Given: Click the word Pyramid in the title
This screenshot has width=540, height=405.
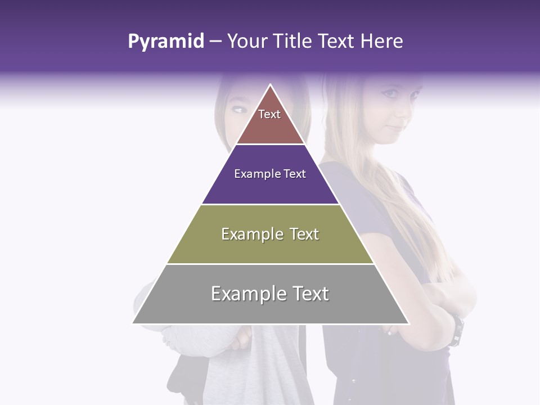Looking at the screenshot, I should [165, 42].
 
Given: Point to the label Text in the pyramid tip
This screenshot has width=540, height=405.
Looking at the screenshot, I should [269, 114].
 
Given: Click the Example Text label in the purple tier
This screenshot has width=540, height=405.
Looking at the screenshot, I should [270, 174].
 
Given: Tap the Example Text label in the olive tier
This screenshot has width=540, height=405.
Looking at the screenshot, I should [270, 234].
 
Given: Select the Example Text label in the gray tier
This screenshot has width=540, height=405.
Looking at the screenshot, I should [270, 294].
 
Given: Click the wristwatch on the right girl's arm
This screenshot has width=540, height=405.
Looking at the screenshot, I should [457, 331].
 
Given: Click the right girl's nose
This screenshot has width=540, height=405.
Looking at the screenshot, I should [400, 107].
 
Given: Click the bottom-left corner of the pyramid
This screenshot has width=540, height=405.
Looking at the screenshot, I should [133, 323].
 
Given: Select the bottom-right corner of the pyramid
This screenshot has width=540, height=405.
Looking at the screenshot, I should [408, 323].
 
